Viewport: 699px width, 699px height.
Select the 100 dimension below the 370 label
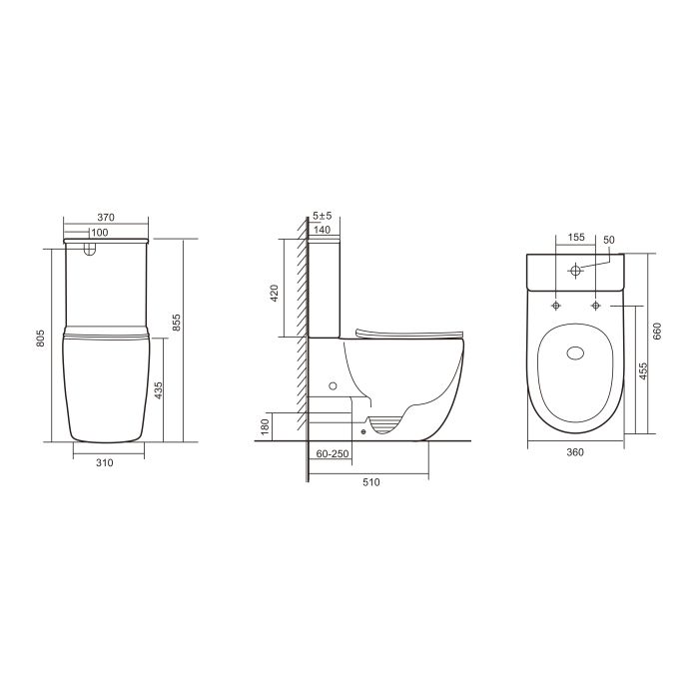point(100,233)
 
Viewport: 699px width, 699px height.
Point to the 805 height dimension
point(39,340)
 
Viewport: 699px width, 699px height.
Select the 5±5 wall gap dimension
point(322,216)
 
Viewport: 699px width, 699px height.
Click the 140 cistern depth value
point(322,230)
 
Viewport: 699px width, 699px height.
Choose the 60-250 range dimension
point(331,454)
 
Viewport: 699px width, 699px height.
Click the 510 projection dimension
point(370,482)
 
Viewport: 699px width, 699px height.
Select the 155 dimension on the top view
point(576,238)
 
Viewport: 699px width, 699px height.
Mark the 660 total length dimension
point(657,333)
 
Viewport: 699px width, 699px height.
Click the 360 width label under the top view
point(575,452)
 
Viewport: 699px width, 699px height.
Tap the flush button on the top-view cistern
point(576,271)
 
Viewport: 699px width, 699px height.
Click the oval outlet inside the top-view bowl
point(576,351)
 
